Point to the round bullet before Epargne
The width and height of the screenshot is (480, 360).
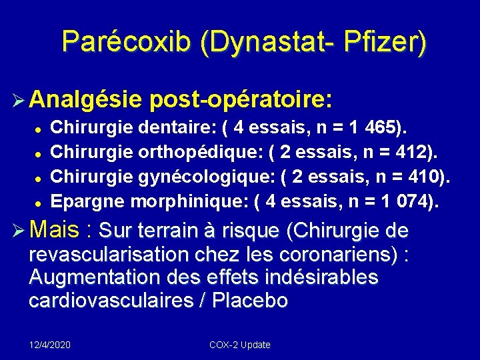40,201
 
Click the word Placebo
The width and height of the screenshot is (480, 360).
250,301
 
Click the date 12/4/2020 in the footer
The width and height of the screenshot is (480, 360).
50,345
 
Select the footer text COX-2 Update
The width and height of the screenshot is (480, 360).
240,345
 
